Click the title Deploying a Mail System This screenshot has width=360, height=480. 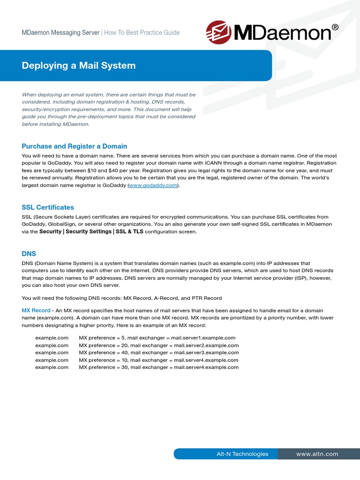click(x=79, y=66)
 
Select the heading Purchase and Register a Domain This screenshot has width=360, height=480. click(x=75, y=146)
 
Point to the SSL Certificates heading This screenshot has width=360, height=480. click(x=48, y=207)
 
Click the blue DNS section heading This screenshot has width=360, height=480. click(x=29, y=253)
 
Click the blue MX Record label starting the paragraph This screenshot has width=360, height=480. click(x=36, y=310)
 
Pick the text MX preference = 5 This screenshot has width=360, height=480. click(x=102, y=337)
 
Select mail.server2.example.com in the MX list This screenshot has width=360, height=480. click(x=206, y=345)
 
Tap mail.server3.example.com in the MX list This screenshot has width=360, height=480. click(x=206, y=352)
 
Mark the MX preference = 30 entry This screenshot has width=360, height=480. click(x=104, y=367)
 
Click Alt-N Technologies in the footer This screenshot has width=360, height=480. click(x=242, y=454)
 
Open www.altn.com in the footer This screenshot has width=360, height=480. click(x=317, y=454)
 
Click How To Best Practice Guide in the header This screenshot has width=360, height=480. click(x=142, y=33)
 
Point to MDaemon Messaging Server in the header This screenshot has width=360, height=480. click(x=60, y=33)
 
